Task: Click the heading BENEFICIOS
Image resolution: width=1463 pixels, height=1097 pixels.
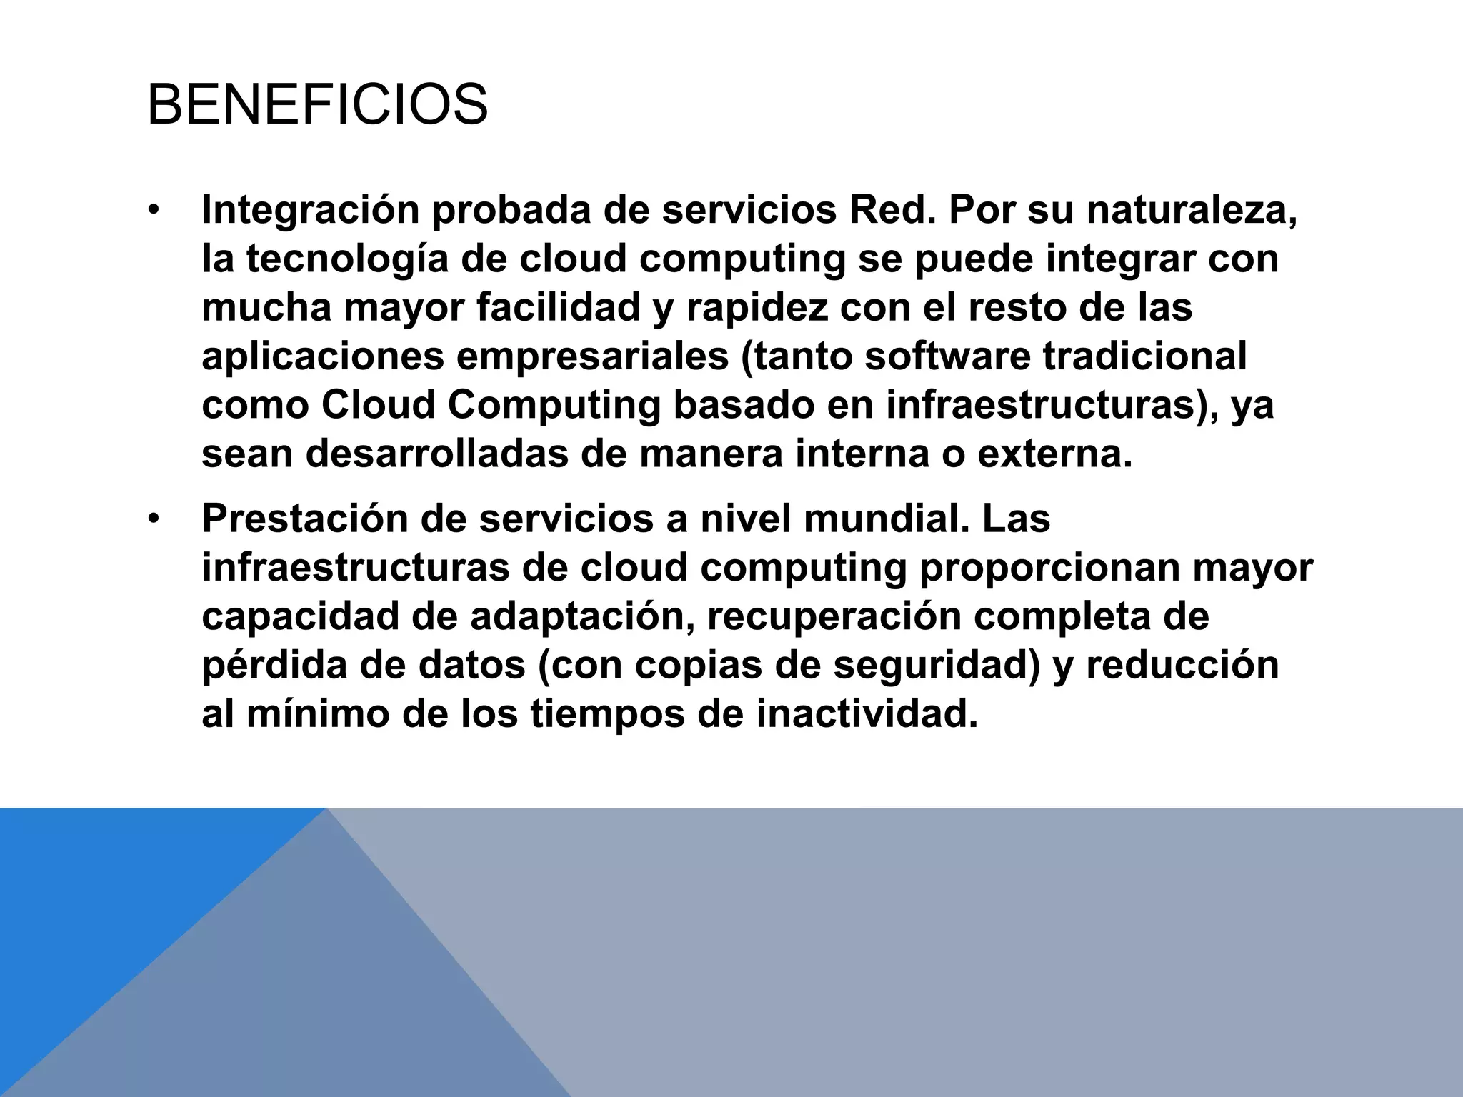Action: (x=317, y=106)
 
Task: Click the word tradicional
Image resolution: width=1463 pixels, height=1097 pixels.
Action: (x=1144, y=356)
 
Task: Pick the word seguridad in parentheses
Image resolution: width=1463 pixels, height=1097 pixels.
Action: (x=935, y=666)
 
